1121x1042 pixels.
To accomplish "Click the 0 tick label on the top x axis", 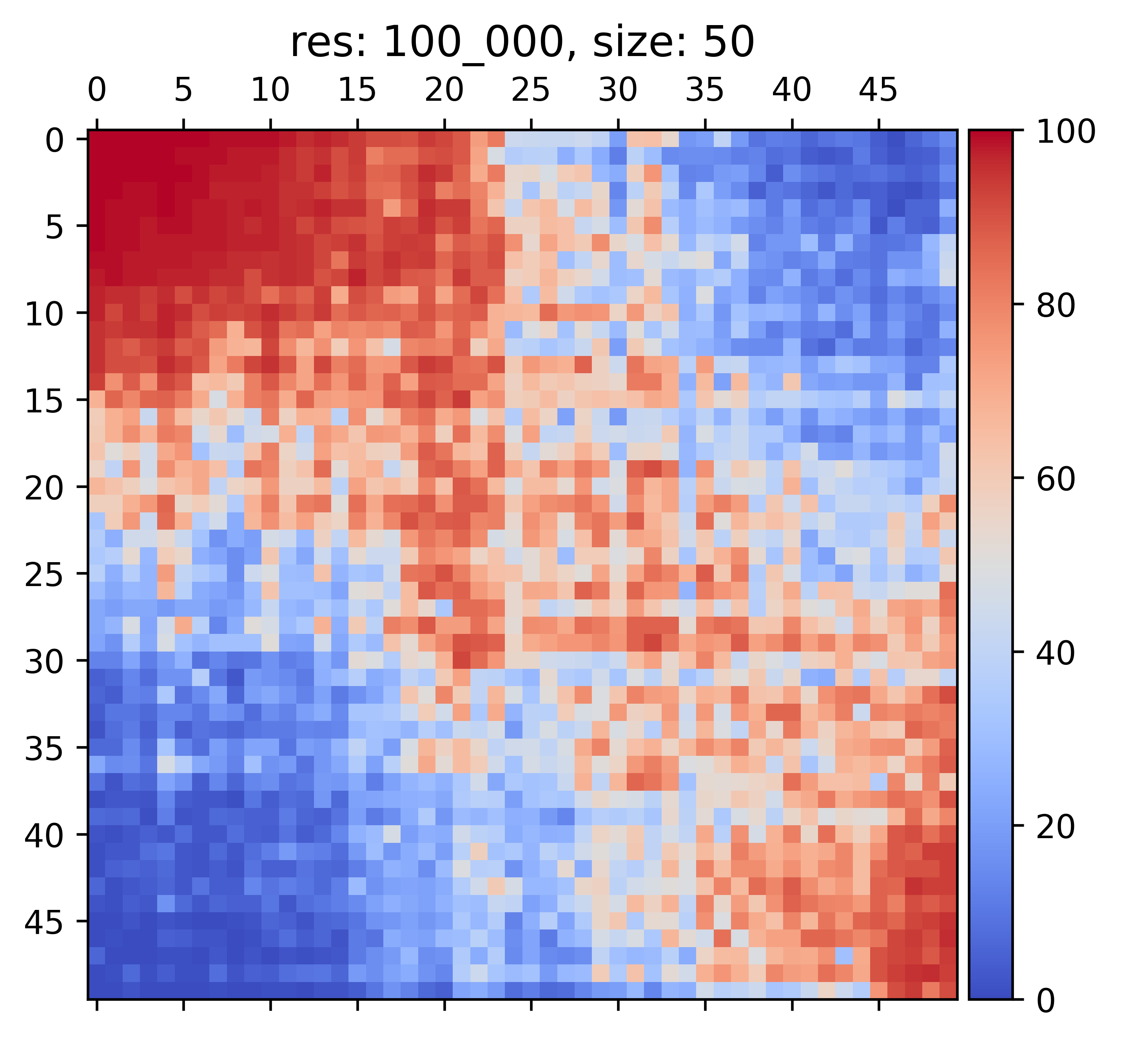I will [97, 90].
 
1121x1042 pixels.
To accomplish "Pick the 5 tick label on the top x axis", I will [184, 90].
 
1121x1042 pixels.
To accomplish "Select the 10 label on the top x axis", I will [271, 90].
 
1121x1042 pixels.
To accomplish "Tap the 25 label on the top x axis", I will [531, 90].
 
